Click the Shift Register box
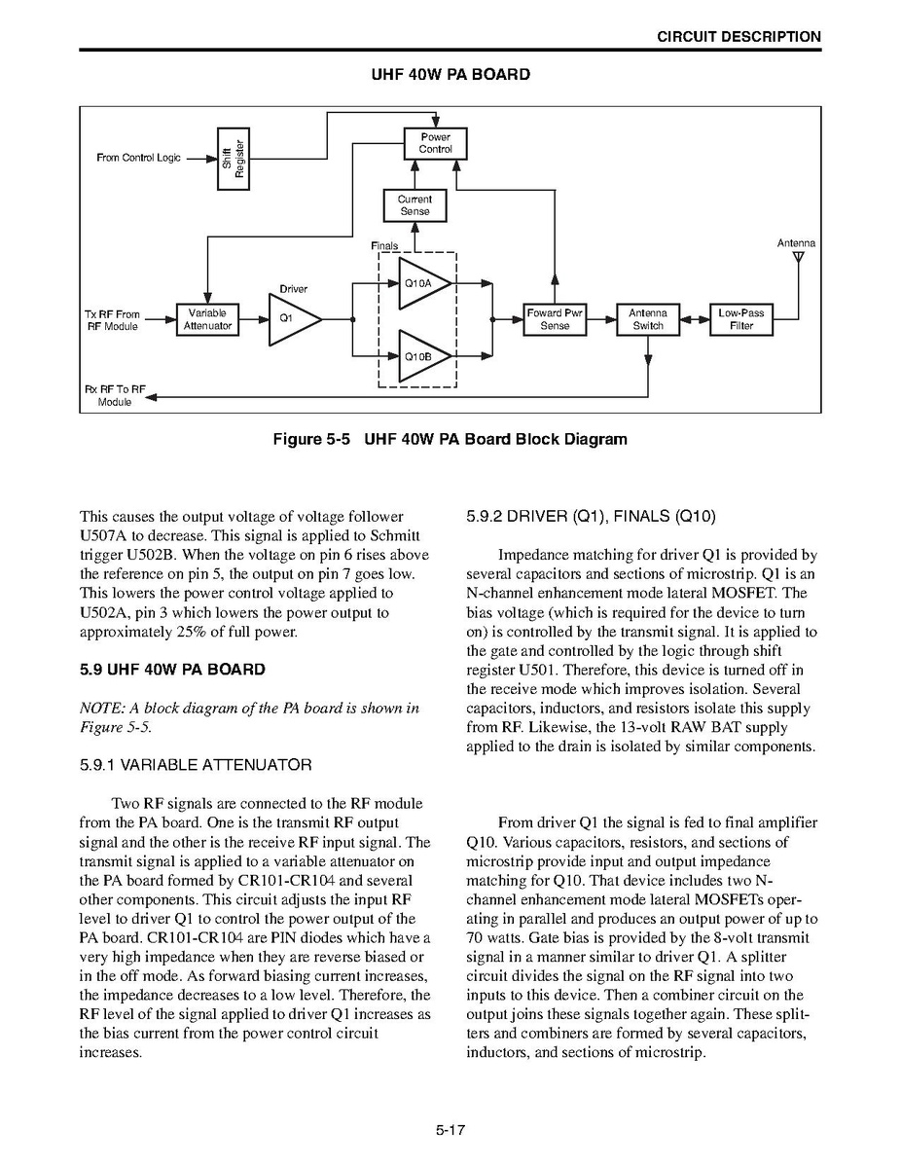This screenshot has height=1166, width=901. coord(234,158)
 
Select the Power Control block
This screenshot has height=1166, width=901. coord(435,144)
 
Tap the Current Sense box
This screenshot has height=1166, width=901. coord(414,205)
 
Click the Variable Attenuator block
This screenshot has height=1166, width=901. coord(207,319)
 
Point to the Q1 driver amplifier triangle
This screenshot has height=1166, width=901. coord(290,319)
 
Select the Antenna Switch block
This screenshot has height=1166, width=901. coord(647,319)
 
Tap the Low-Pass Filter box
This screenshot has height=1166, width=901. coord(741,319)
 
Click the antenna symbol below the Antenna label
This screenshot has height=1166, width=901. coord(798,259)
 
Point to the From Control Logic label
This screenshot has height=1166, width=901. coord(138,158)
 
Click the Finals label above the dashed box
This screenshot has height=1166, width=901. coord(384,246)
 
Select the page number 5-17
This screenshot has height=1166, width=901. coord(450,1130)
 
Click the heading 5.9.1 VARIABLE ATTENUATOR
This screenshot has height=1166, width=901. coord(196,765)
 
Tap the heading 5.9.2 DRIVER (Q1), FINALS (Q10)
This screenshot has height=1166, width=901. coord(591,516)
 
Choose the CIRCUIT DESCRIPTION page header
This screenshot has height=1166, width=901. coord(739,37)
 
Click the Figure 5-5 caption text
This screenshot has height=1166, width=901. coord(450,439)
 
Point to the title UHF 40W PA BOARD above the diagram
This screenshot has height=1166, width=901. coord(450,75)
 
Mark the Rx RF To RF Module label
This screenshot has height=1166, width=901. coord(115,395)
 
